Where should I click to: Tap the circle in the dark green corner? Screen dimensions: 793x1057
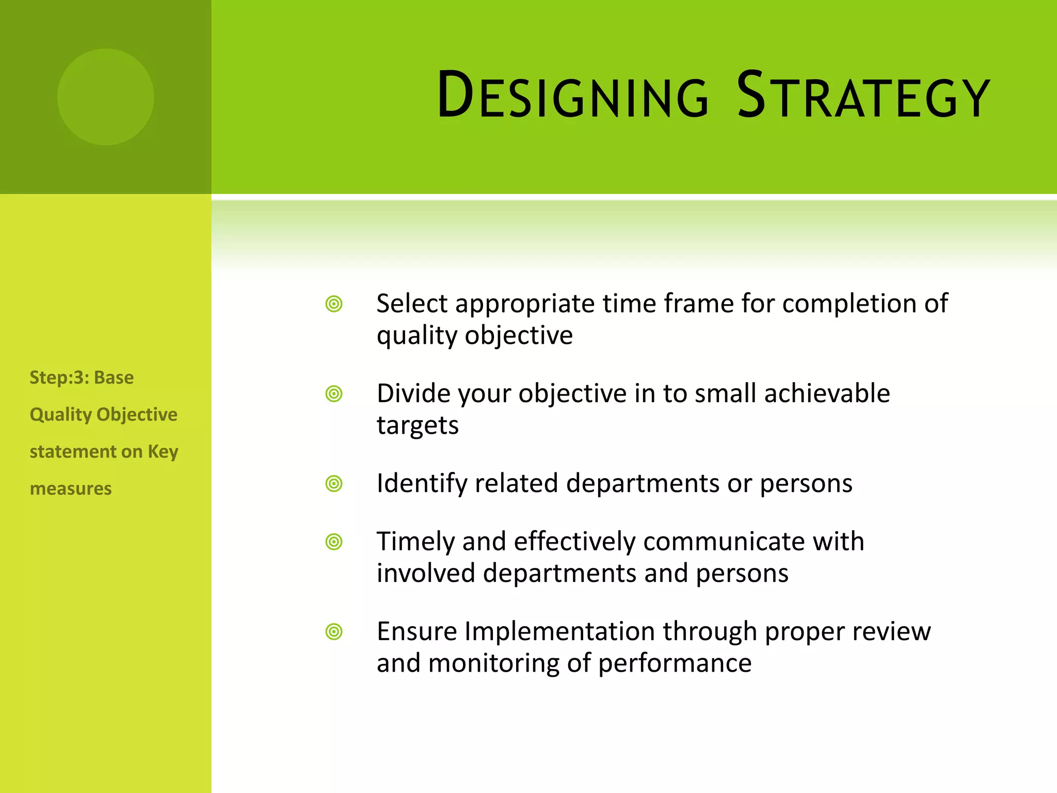tap(105, 97)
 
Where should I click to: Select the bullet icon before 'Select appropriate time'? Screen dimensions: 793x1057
tap(334, 304)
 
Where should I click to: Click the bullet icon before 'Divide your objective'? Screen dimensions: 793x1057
tap(334, 394)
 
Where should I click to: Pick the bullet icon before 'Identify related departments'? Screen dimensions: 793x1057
tap(334, 484)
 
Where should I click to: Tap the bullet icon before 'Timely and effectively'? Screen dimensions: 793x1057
tap(334, 542)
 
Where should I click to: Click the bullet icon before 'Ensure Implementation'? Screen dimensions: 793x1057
tap(334, 631)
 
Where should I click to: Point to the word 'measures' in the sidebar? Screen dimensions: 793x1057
tap(71, 488)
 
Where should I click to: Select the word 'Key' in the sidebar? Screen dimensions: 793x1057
tap(163, 452)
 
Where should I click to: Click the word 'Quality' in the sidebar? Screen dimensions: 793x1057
tap(60, 415)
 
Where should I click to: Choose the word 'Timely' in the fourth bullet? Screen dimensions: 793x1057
tap(415, 542)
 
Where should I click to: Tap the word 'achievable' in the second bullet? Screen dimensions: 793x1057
tap(827, 394)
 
